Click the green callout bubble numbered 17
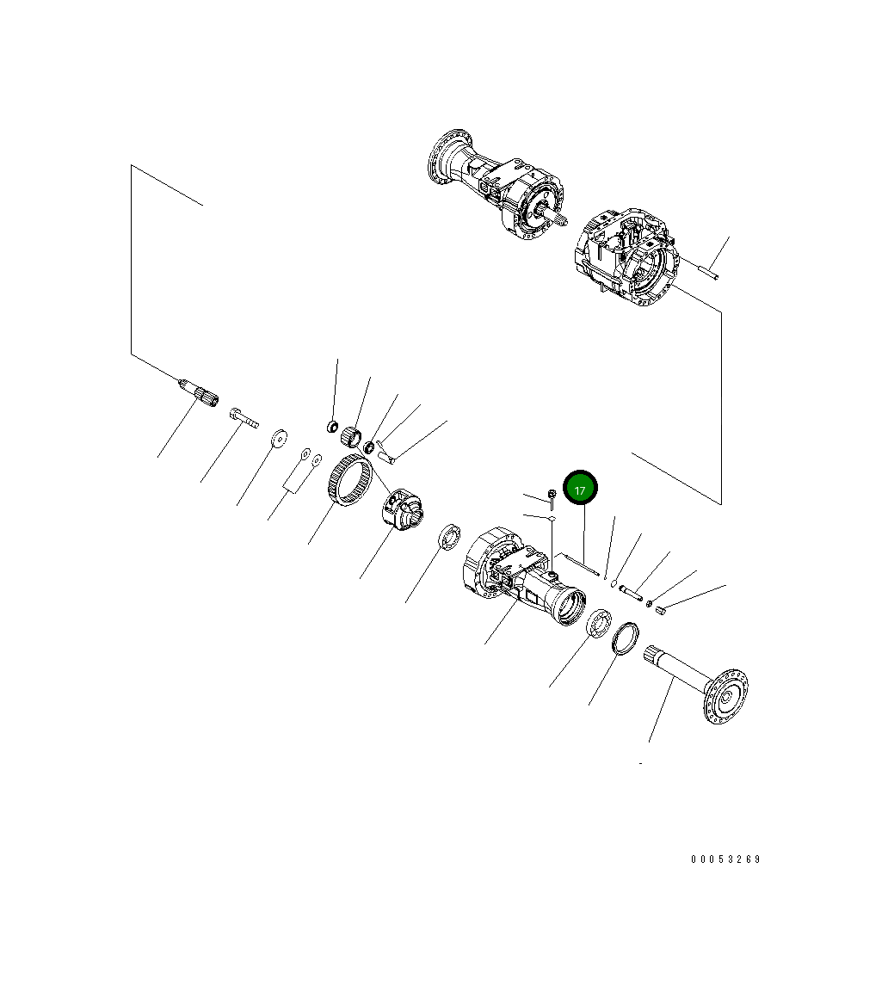click(580, 489)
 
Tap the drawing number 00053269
click(725, 859)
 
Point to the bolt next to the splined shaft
click(244, 418)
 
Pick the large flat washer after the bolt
click(279, 438)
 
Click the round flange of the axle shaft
click(726, 696)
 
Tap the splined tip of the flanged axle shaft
click(653, 655)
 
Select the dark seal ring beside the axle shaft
click(626, 638)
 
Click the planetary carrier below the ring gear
click(402, 508)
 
